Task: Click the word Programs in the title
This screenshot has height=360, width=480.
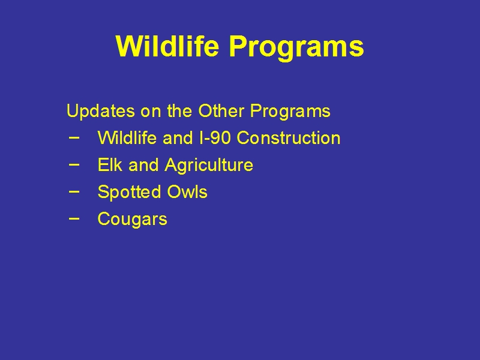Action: [296, 48]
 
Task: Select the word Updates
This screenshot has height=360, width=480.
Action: [101, 111]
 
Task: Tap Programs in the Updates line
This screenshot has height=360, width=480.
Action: [290, 111]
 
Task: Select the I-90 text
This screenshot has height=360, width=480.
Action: [214, 137]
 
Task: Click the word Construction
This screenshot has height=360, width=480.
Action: [289, 137]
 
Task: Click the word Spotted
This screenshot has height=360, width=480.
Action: [129, 192]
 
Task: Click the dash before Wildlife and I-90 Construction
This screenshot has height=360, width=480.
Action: [74, 138]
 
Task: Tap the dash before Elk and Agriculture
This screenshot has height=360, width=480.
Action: [74, 164]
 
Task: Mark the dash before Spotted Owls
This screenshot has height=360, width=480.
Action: [74, 191]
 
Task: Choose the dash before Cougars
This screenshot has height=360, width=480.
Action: [74, 218]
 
